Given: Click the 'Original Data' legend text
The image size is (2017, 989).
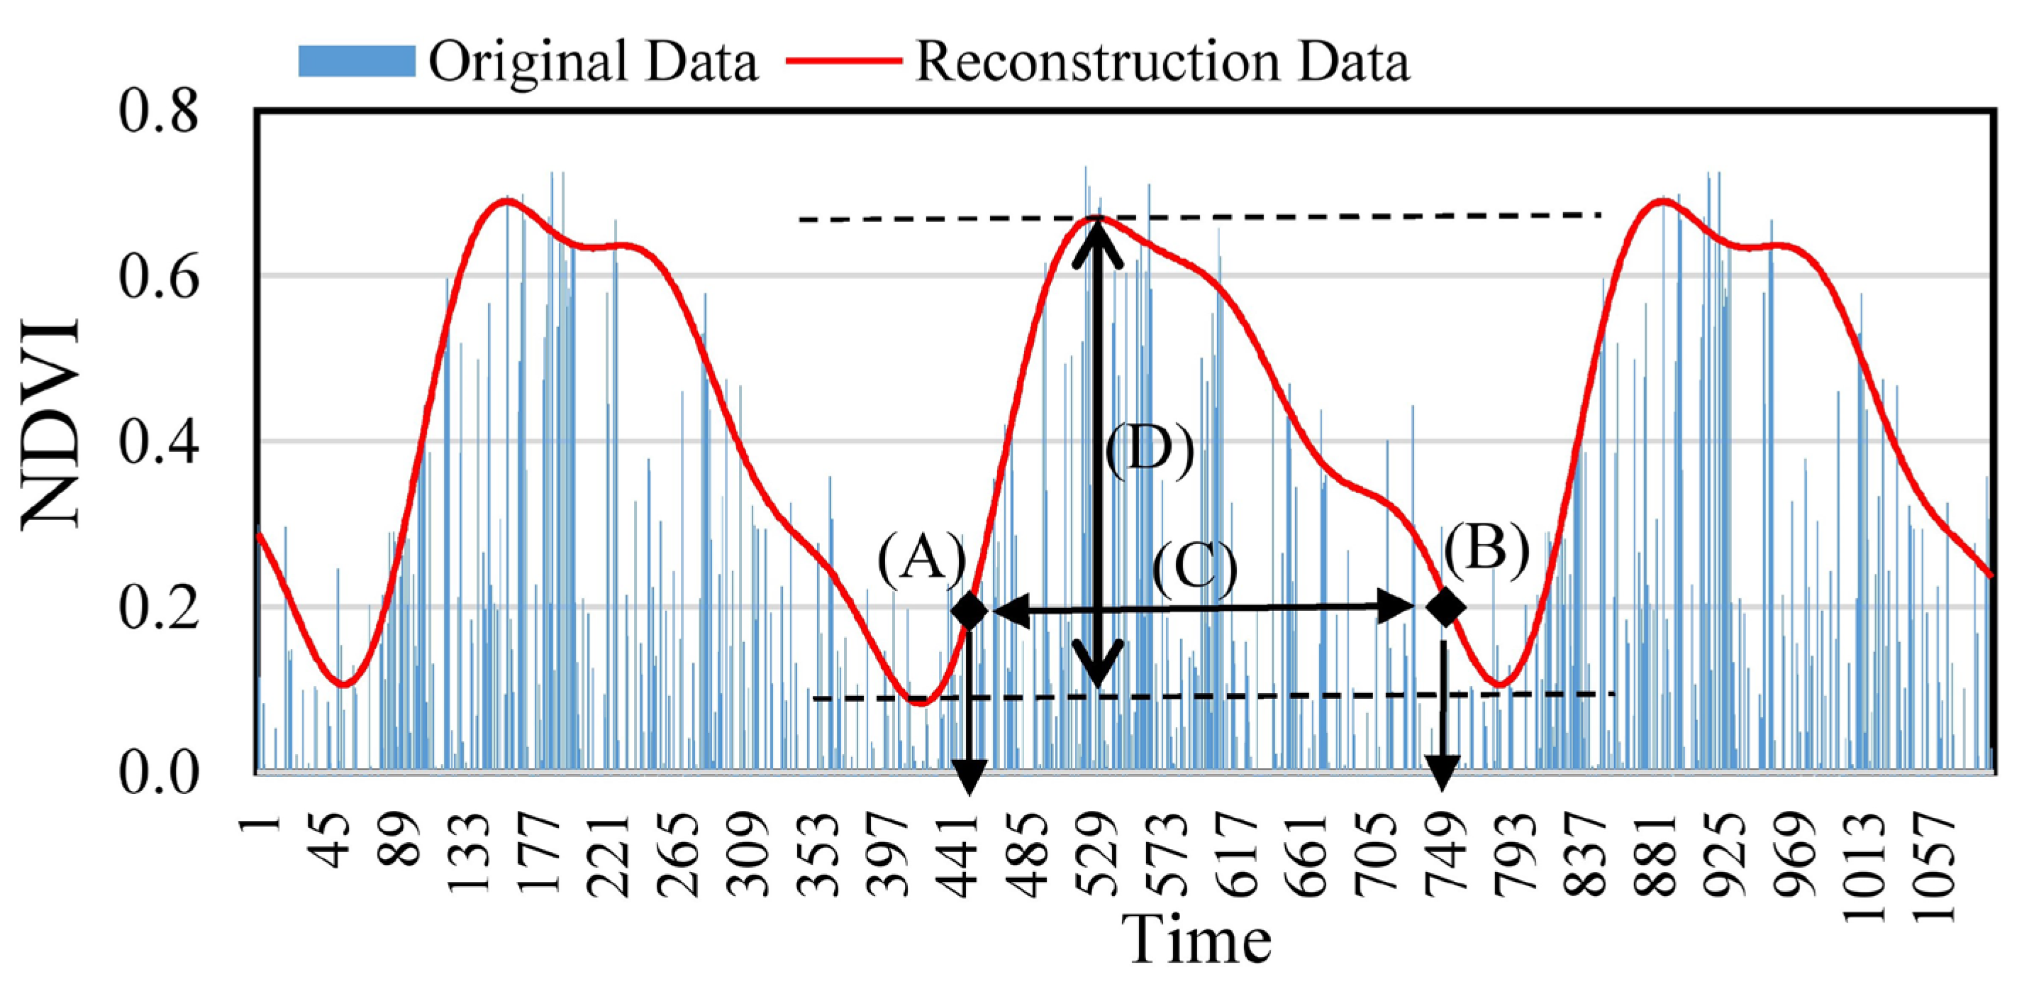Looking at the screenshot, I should pos(593,61).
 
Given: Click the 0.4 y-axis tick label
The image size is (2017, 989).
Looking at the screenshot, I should pos(159,441).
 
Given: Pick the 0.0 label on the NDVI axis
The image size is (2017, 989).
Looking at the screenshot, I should pos(159,773).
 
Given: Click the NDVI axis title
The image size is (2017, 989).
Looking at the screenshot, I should pos(51,423).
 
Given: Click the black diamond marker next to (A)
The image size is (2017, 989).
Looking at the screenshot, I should pos(969,610).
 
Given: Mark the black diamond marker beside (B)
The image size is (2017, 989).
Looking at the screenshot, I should pos(1445,607).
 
